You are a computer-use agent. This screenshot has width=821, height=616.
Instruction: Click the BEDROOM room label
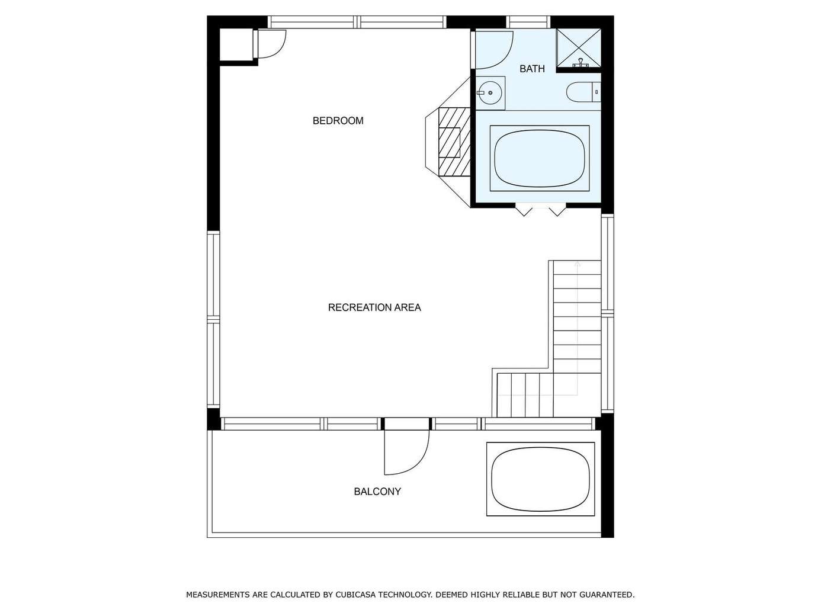338,121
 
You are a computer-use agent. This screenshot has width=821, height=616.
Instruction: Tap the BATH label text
532,69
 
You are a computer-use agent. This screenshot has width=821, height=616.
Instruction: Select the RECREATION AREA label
374,307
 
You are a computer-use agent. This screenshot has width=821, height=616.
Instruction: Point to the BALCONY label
377,492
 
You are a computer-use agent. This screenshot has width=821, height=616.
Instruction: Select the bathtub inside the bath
540,158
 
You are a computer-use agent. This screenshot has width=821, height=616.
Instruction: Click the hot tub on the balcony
540,480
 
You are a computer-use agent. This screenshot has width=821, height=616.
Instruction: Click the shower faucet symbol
580,63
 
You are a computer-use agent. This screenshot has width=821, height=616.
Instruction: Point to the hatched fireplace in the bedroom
454,142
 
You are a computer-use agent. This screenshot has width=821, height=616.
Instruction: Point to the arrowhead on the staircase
578,264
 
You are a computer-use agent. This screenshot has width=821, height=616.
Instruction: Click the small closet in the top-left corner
236,44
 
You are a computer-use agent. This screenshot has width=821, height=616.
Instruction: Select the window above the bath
528,22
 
